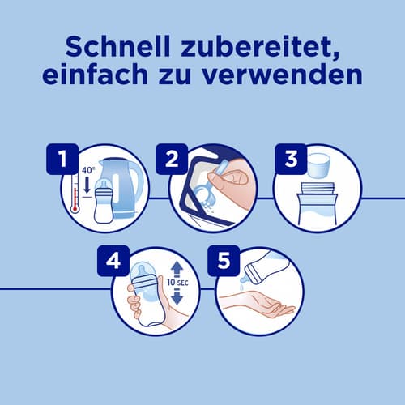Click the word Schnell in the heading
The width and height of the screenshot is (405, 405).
click(x=117, y=47)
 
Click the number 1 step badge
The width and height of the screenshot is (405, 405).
click(x=62, y=159)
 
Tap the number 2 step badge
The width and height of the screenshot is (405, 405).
click(x=172, y=159)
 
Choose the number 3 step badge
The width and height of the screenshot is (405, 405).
click(x=291, y=159)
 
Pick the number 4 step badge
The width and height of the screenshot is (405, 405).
click(x=113, y=261)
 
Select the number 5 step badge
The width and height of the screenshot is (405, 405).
click(x=224, y=261)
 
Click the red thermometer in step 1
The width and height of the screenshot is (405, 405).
click(x=75, y=194)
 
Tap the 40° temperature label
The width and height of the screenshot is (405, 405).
click(x=88, y=170)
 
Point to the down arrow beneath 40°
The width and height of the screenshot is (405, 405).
click(x=87, y=185)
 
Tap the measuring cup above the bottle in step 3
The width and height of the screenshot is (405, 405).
click(x=319, y=164)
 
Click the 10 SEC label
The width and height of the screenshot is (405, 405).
click(x=177, y=283)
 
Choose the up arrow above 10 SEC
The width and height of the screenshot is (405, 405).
click(x=177, y=269)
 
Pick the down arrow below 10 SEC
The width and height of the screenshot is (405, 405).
click(x=177, y=296)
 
